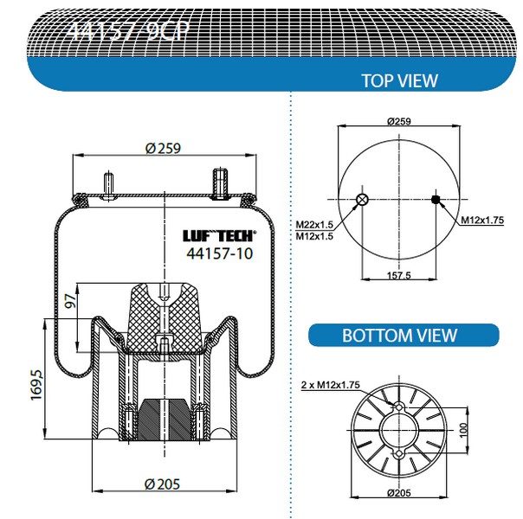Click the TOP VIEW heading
399,80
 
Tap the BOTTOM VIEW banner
400,335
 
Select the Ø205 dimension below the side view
162,482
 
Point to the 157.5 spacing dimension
397,276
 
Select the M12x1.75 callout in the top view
482,221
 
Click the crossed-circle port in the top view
362,201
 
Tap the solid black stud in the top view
436,201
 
